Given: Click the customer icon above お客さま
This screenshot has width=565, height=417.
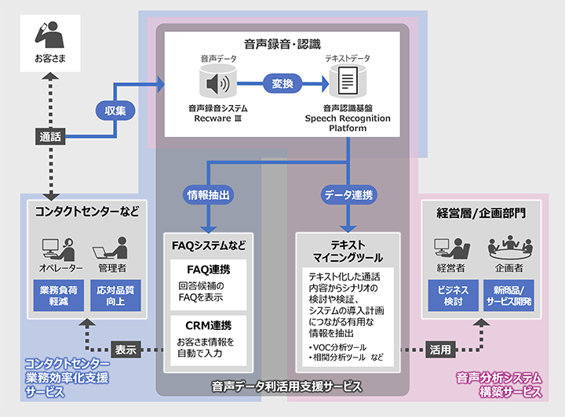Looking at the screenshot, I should click(49, 35).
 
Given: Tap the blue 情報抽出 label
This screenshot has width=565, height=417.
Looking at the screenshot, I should click(207, 193).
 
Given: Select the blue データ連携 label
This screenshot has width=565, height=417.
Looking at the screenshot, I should click(348, 193).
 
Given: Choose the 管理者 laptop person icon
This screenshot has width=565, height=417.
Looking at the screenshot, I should click(111, 248).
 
